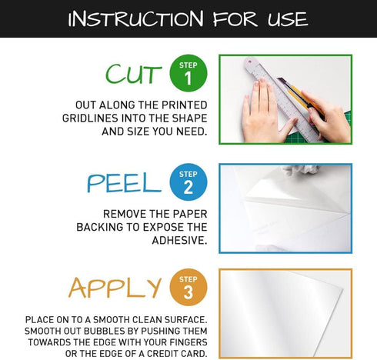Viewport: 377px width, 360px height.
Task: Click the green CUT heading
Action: tap(134, 75)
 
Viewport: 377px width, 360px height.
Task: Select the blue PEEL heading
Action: tap(124, 182)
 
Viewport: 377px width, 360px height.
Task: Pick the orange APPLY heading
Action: tap(115, 287)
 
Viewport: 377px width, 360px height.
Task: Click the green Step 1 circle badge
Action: tap(188, 74)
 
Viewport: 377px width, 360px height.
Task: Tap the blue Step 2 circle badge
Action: tap(188, 182)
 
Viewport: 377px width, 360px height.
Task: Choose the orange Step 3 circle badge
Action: tap(188, 287)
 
